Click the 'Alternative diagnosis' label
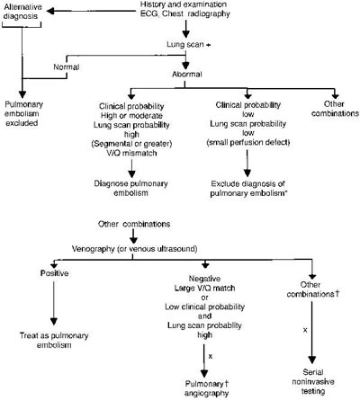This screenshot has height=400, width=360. [24, 16]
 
